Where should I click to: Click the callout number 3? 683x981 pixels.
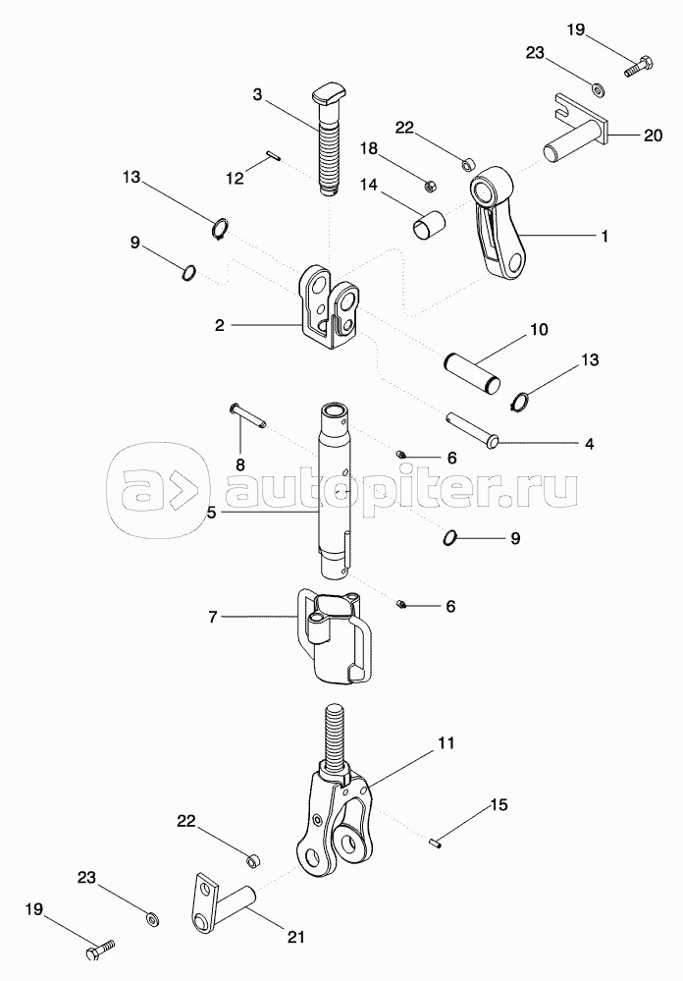point(257,95)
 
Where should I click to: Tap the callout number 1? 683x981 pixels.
point(604,237)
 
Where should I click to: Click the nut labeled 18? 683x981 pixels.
point(429,184)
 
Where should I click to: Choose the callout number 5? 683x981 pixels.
point(212,512)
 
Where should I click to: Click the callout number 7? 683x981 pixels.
point(212,617)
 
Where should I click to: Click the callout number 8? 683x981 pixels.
point(239,463)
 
